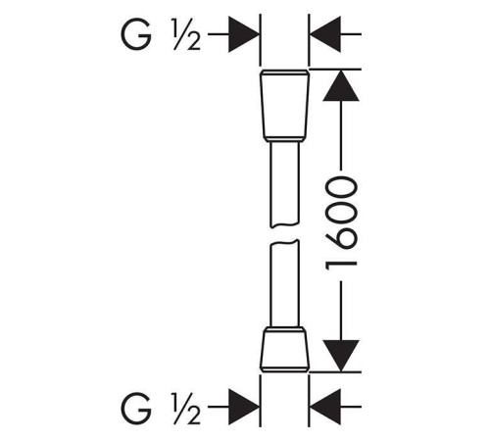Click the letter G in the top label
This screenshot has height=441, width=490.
(136, 34)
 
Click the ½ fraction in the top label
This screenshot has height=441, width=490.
(186, 34)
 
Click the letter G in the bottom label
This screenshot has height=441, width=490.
(136, 408)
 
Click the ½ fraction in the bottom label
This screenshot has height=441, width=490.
(186, 408)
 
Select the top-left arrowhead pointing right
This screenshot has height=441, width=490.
(244, 34)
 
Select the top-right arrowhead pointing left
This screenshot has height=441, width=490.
(325, 34)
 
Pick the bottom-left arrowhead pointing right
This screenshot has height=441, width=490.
(244, 407)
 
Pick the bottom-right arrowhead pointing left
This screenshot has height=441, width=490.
(325, 407)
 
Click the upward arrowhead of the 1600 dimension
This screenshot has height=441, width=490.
(341, 85)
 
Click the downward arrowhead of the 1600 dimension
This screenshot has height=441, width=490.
(341, 356)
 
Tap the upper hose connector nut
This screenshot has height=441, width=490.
(284, 106)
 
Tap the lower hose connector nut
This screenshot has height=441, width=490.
(284, 350)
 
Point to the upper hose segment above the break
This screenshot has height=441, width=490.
(284, 184)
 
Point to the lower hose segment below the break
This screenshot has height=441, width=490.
(284, 283)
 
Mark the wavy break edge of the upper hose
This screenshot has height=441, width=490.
(284, 225)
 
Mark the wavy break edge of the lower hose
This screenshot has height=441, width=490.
(284, 242)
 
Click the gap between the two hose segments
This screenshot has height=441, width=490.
(284, 234)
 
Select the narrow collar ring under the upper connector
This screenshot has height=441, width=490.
(284, 139)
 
